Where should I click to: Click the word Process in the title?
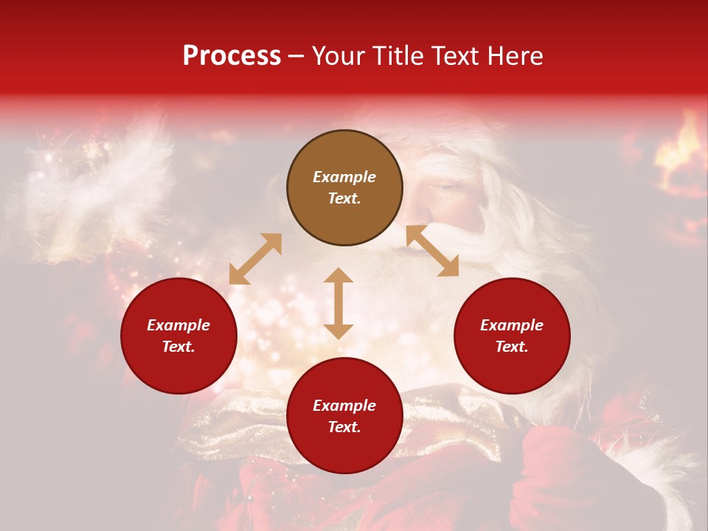[232, 56]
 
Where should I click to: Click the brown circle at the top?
[344, 187]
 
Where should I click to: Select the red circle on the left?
[178, 336]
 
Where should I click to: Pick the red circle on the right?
[512, 336]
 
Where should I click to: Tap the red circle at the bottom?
[344, 416]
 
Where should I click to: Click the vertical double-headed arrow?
[339, 303]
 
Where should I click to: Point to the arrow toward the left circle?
[255, 259]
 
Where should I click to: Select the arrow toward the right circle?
[432, 251]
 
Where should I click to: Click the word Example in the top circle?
[344, 177]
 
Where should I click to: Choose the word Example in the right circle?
[512, 325]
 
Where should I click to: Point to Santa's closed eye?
[447, 187]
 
